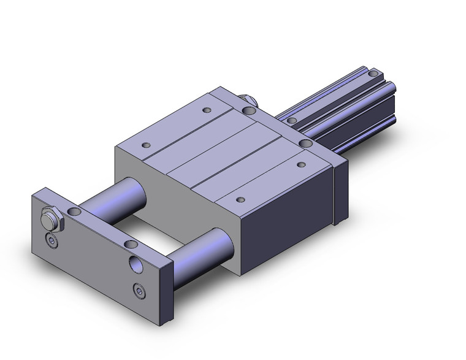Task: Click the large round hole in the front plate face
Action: (135, 264)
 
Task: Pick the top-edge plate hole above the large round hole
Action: (130, 245)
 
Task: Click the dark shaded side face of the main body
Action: (288, 209)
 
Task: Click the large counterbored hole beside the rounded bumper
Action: (249, 111)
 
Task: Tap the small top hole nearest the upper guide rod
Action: (146, 145)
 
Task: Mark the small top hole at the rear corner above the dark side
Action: (300, 164)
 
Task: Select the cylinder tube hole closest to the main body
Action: (293, 120)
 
